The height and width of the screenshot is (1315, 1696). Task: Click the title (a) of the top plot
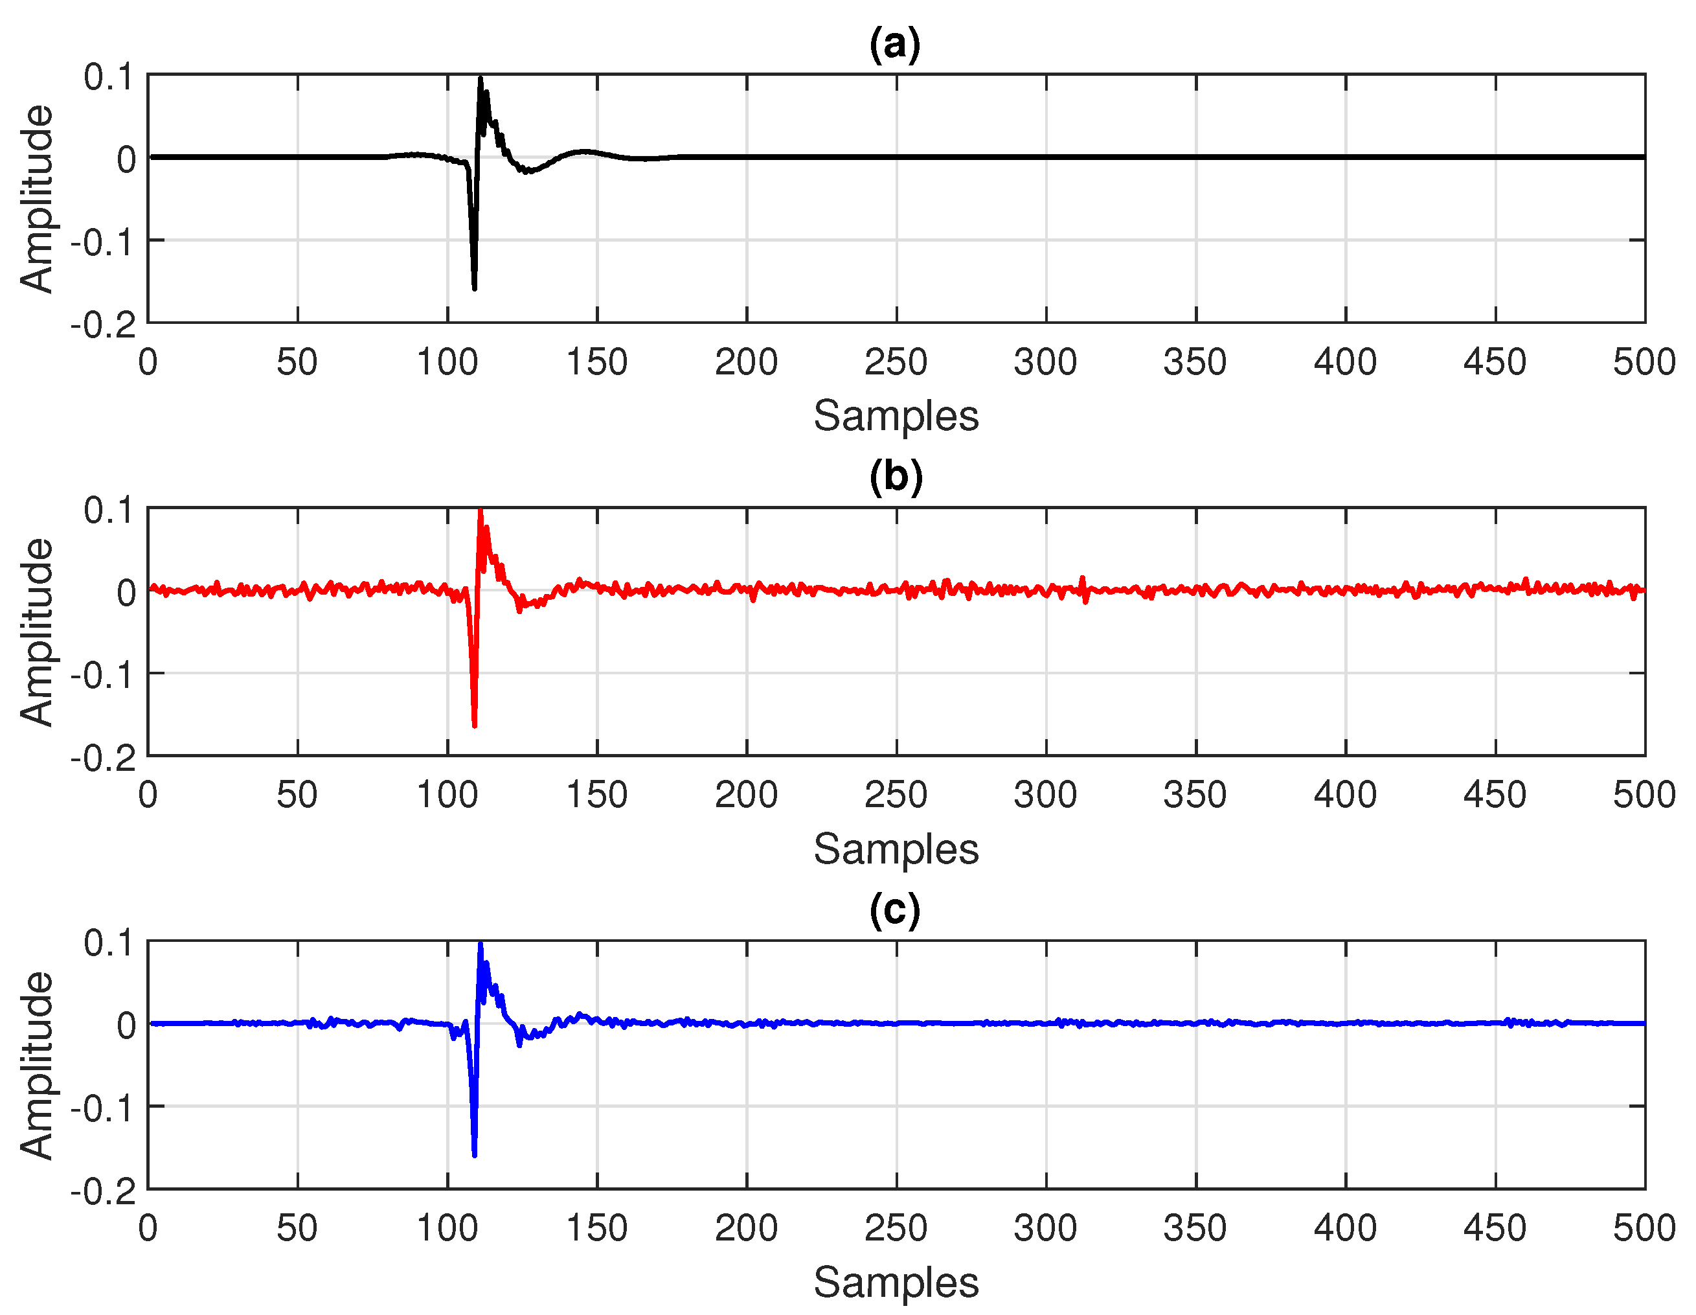[x=894, y=44]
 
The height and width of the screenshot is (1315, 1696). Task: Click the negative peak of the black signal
[x=475, y=288]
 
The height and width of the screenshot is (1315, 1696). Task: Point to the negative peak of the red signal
[x=475, y=725]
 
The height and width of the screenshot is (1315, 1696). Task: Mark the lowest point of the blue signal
[x=475, y=1155]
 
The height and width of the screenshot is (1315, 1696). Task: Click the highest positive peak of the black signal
[x=481, y=78]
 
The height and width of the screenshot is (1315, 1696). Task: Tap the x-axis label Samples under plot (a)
[x=896, y=417]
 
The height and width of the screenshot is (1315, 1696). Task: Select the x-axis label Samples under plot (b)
[x=896, y=849]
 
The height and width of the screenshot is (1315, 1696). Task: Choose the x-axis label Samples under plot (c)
[x=896, y=1283]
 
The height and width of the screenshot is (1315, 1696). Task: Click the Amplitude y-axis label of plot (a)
[x=36, y=199]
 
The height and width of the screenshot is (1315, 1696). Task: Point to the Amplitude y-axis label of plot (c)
[x=36, y=1066]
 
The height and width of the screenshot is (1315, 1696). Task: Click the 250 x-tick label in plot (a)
[x=896, y=363]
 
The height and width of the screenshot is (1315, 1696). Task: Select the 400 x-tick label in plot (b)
[x=1344, y=795]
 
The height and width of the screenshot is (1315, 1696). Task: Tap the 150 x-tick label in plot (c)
[x=596, y=1229]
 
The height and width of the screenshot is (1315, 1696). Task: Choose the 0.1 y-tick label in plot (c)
[x=109, y=944]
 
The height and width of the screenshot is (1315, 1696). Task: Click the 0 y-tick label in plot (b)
[x=126, y=593]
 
